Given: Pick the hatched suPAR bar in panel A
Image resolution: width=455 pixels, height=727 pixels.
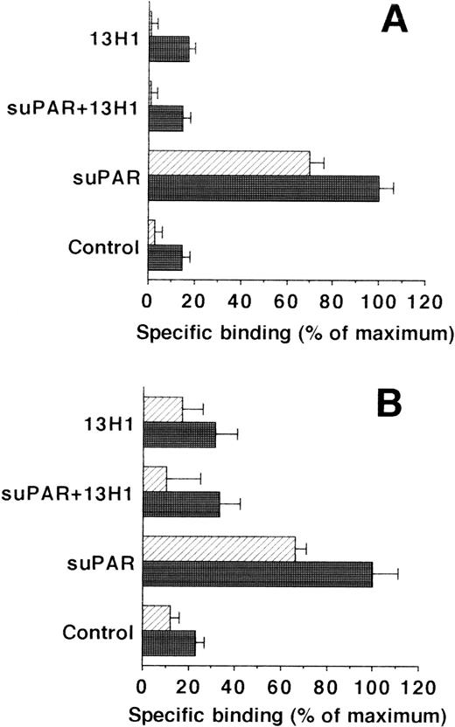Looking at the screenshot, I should (x=229, y=163).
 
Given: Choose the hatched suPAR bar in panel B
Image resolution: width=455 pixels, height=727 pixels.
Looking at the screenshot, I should (x=219, y=549).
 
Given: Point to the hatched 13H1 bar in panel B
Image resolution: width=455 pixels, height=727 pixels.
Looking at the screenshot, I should (x=163, y=409).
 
